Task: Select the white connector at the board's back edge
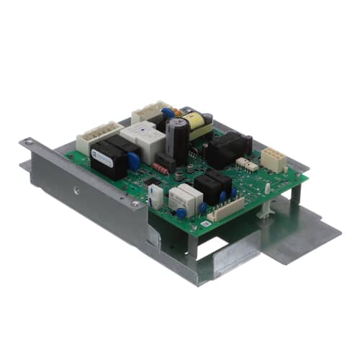pos(149,112)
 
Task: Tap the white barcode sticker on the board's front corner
pos(204,225)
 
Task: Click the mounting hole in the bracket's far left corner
pos(29,143)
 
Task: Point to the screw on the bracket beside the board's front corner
pos(135,204)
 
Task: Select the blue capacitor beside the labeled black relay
pos(133,161)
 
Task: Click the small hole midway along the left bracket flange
pos(76,192)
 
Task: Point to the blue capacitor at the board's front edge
pos(181,212)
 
